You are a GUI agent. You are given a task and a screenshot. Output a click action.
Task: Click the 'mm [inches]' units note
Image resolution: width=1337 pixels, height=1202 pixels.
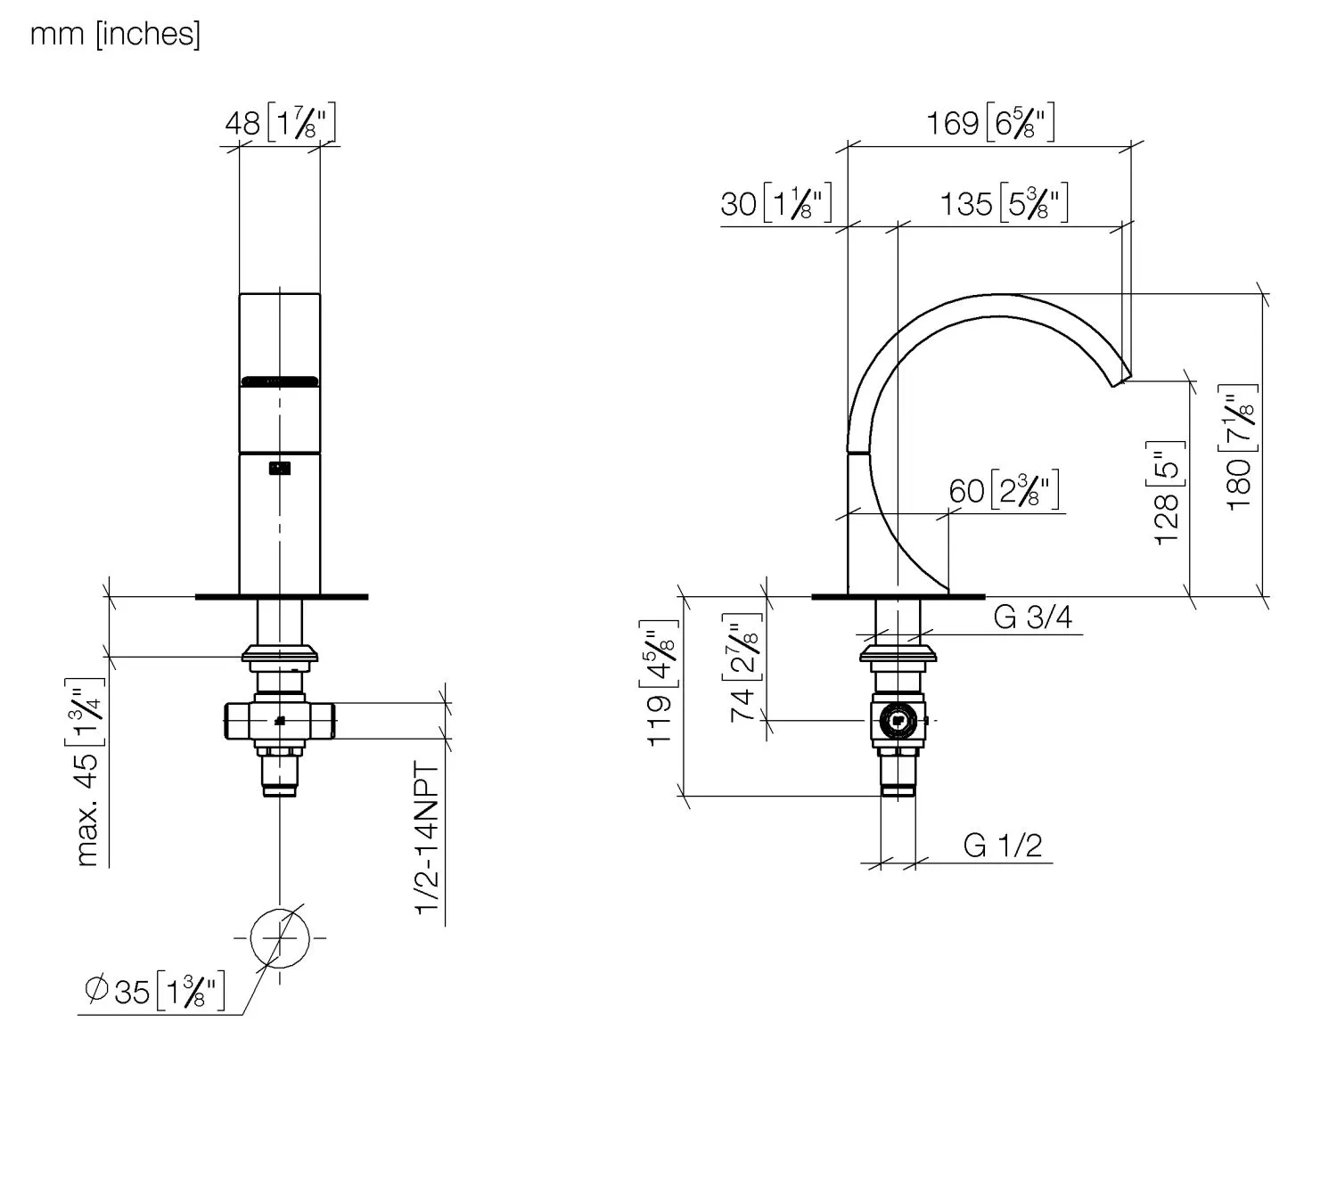(x=115, y=34)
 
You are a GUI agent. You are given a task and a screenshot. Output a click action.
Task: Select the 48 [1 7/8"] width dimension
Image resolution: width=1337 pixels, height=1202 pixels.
(x=280, y=123)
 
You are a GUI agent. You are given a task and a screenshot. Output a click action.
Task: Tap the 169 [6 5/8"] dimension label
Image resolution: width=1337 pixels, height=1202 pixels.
(x=990, y=123)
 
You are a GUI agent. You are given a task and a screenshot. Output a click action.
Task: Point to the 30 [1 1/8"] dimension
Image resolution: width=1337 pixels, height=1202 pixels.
(x=775, y=202)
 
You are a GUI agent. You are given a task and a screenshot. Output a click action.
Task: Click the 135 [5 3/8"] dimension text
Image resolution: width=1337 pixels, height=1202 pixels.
(x=1004, y=202)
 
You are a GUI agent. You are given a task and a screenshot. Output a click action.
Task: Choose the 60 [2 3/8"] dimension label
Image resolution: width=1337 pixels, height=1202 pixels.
(x=1004, y=490)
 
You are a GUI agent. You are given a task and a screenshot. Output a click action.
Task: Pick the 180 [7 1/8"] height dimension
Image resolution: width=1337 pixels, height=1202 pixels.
(x=1238, y=448)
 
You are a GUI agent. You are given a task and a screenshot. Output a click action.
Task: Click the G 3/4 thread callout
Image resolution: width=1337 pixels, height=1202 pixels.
(x=1032, y=617)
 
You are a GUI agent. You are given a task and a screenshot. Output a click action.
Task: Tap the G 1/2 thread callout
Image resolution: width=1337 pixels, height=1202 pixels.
(x=1003, y=846)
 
